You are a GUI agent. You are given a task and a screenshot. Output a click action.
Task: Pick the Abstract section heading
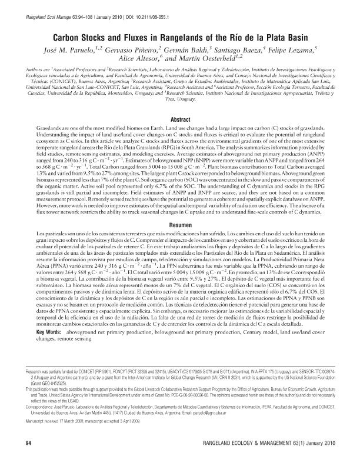pyautogui.click(x=179, y=119)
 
